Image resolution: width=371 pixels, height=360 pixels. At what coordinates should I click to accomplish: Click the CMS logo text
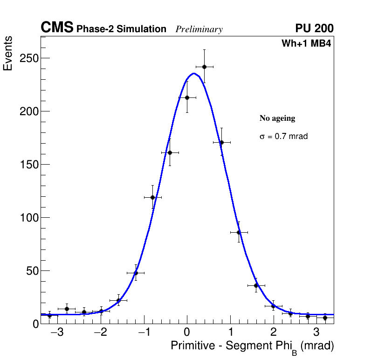pyautogui.click(x=57, y=28)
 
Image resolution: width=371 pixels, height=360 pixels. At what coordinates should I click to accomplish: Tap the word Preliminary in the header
pyautogui.click(x=199, y=29)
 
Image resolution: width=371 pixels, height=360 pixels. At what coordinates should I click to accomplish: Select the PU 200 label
pyautogui.click(x=314, y=28)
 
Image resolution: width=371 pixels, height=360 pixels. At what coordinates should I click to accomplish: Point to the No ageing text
pyautogui.click(x=277, y=118)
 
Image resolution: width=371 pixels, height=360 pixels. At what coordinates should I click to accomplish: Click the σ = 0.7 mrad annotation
pyautogui.click(x=283, y=137)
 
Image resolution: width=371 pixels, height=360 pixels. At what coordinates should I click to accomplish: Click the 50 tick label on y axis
pyautogui.click(x=31, y=271)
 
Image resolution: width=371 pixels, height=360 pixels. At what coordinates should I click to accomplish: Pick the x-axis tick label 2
pyautogui.click(x=273, y=333)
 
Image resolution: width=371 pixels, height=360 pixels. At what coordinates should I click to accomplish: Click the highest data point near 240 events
pyautogui.click(x=204, y=67)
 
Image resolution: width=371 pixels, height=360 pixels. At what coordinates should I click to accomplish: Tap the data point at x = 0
pyautogui.click(x=187, y=97)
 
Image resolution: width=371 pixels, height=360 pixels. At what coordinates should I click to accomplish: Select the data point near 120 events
pyautogui.click(x=152, y=197)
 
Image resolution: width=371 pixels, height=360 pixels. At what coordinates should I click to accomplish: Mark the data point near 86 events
pyautogui.click(x=239, y=232)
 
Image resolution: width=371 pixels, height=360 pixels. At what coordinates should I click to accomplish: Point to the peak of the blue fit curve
pyautogui.click(x=193, y=73)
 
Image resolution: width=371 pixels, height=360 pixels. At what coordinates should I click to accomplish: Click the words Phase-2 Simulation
pyautogui.click(x=121, y=29)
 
